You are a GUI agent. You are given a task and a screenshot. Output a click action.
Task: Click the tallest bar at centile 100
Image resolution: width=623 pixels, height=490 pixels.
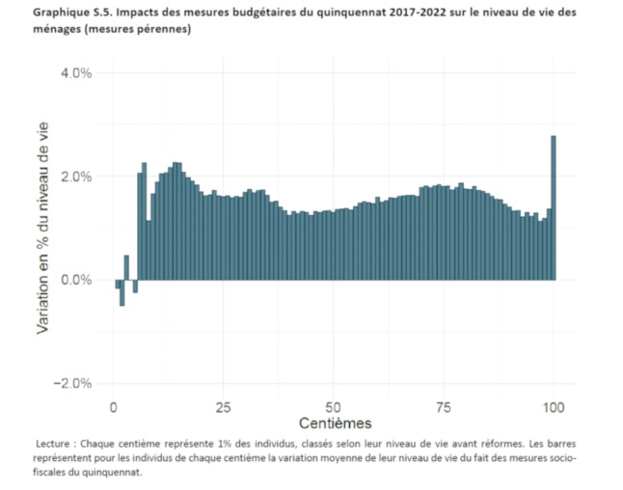point(554,207)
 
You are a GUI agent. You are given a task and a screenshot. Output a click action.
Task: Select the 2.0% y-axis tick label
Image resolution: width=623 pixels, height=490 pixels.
point(73,177)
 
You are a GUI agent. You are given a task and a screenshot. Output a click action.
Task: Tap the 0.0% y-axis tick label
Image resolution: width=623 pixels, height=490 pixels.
point(73,281)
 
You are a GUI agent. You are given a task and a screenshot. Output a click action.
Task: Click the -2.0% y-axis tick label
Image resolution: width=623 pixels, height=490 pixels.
point(70,384)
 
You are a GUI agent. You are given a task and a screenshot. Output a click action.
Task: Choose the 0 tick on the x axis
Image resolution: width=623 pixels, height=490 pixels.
point(115,403)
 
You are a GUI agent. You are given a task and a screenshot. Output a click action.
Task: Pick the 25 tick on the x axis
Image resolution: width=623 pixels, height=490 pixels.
point(224,403)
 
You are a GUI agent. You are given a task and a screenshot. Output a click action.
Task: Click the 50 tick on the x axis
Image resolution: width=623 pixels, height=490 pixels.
point(334,403)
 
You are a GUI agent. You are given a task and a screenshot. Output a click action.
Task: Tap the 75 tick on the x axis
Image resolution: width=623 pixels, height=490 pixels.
point(444,403)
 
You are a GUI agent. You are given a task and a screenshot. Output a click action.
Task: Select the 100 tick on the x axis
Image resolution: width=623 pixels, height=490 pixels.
point(554,403)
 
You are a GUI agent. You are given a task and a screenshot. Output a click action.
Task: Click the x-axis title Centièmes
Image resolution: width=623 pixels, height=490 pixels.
point(334,422)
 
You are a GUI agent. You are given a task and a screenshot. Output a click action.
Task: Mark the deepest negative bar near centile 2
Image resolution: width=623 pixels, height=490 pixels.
point(122,292)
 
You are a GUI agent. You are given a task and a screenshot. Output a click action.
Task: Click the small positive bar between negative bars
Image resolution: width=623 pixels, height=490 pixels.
point(126,268)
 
